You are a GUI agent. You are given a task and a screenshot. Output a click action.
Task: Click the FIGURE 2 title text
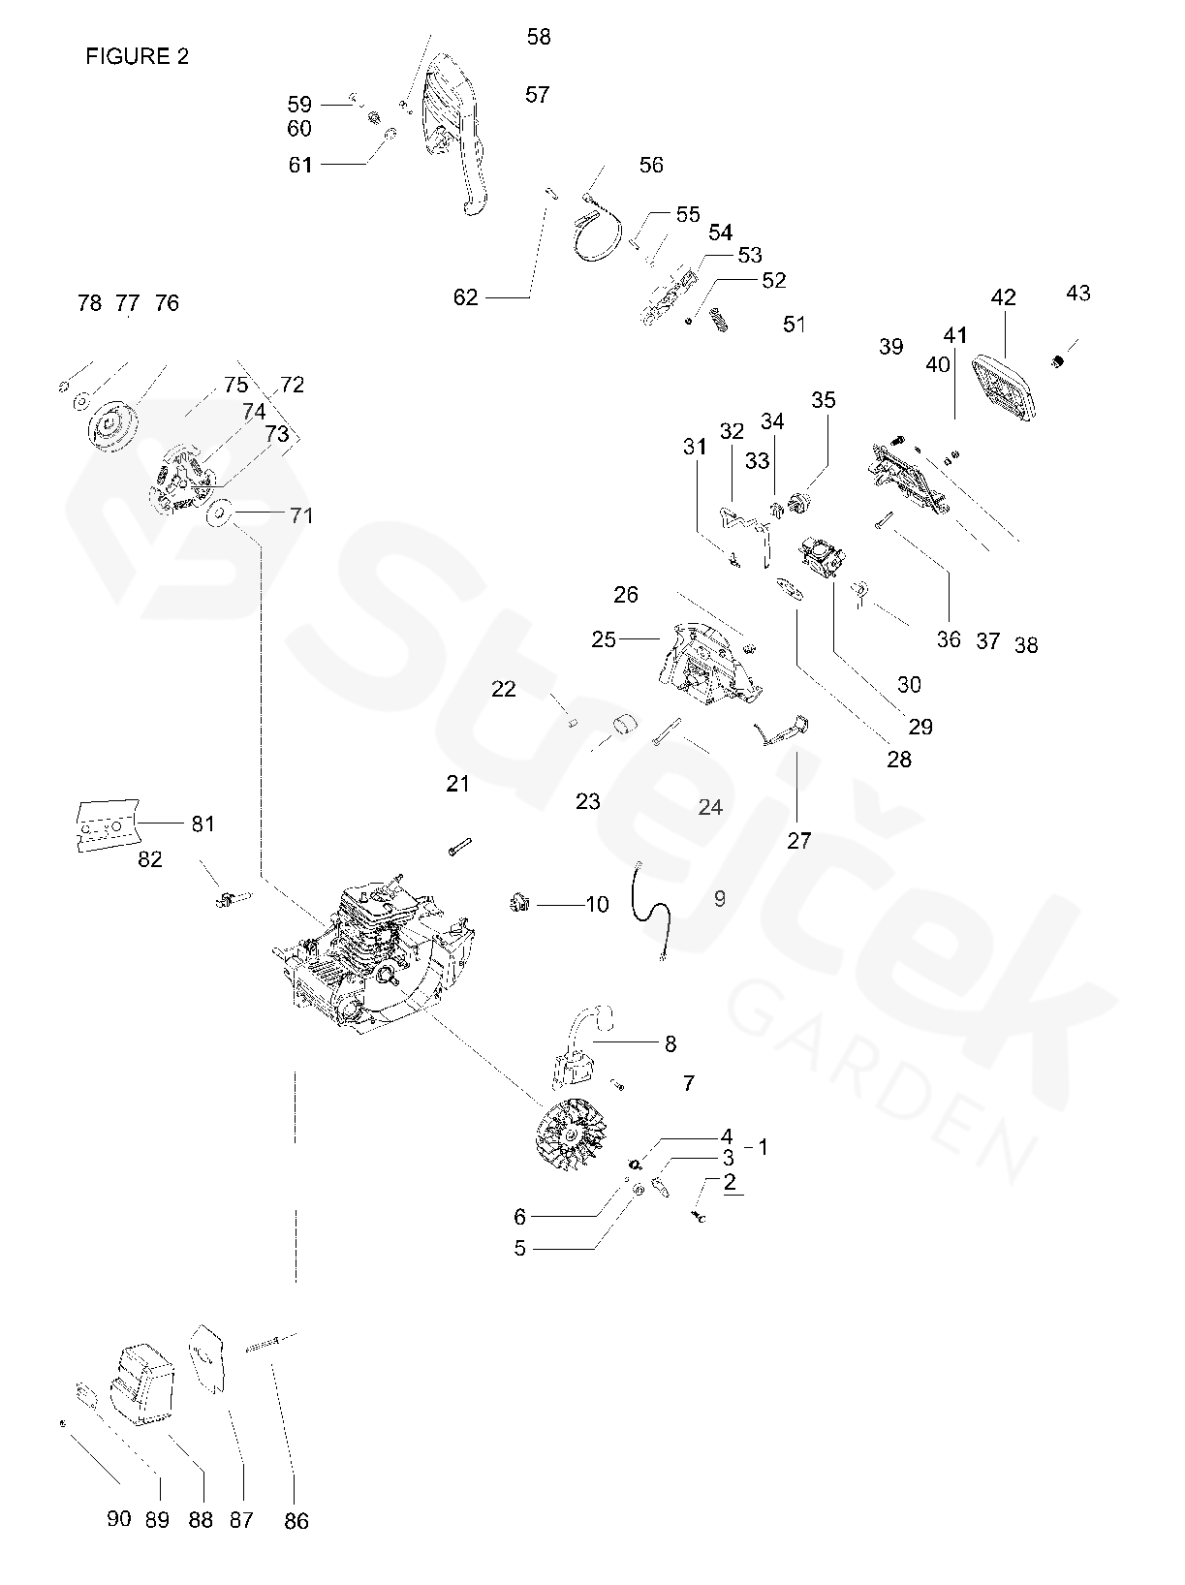pyautogui.click(x=137, y=56)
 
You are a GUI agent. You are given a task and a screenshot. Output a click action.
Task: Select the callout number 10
pyautogui.click(x=597, y=905)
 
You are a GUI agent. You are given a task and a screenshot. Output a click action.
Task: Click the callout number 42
pyautogui.click(x=1003, y=297)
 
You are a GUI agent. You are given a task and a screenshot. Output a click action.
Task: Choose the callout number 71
pyautogui.click(x=302, y=515)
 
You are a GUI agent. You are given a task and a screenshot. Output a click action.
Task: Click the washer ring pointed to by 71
pyautogui.click(x=220, y=513)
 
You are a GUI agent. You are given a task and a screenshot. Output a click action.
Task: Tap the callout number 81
pyautogui.click(x=203, y=824)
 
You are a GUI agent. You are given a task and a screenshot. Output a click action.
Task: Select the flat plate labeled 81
pyautogui.click(x=106, y=824)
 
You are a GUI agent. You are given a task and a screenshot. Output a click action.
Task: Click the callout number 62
pyautogui.click(x=466, y=297)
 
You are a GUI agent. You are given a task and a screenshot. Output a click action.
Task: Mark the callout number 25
pyautogui.click(x=604, y=640)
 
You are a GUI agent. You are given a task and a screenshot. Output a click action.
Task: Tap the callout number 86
pyautogui.click(x=296, y=1521)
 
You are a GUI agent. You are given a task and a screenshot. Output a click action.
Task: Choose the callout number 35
pyautogui.click(x=823, y=400)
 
